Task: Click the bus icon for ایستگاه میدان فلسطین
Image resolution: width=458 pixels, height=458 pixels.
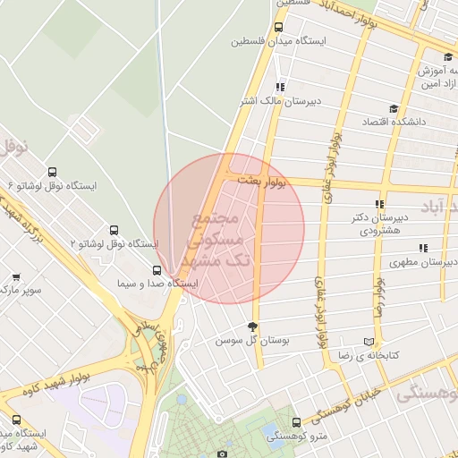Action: (278, 28)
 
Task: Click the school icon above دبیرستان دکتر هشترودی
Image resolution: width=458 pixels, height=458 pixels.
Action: (381, 204)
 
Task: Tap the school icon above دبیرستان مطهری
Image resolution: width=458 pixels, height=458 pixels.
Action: (422, 249)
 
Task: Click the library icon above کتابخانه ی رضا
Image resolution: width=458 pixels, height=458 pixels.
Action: (369, 342)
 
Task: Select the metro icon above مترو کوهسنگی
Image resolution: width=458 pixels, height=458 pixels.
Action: (297, 421)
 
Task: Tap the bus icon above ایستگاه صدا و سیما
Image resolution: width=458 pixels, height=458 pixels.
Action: (157, 270)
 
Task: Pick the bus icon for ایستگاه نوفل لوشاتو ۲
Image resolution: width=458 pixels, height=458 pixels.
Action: (113, 231)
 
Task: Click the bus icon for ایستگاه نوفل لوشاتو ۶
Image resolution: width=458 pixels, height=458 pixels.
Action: (52, 173)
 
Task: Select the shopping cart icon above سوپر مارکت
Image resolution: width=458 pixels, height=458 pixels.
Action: (15, 277)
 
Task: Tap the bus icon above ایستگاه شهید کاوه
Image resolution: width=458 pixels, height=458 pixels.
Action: (16, 420)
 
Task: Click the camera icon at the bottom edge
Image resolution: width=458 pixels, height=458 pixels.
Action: (223, 454)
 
